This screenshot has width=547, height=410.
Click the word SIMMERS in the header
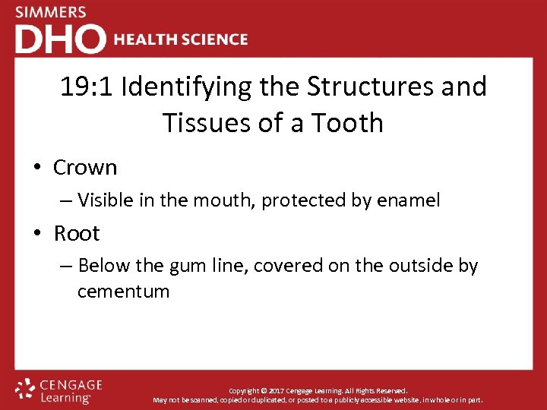51,12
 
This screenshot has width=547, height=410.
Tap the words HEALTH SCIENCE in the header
181,39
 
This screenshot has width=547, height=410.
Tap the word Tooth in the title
348,122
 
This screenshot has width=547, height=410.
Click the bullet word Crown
85,167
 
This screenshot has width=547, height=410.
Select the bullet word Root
77,233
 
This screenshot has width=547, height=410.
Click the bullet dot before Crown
37,168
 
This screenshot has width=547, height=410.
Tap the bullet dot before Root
37,234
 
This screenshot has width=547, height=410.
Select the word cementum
123,291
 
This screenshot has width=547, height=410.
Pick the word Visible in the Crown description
104,200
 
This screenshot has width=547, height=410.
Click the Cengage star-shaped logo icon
25,389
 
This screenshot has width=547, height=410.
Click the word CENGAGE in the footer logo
71,386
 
